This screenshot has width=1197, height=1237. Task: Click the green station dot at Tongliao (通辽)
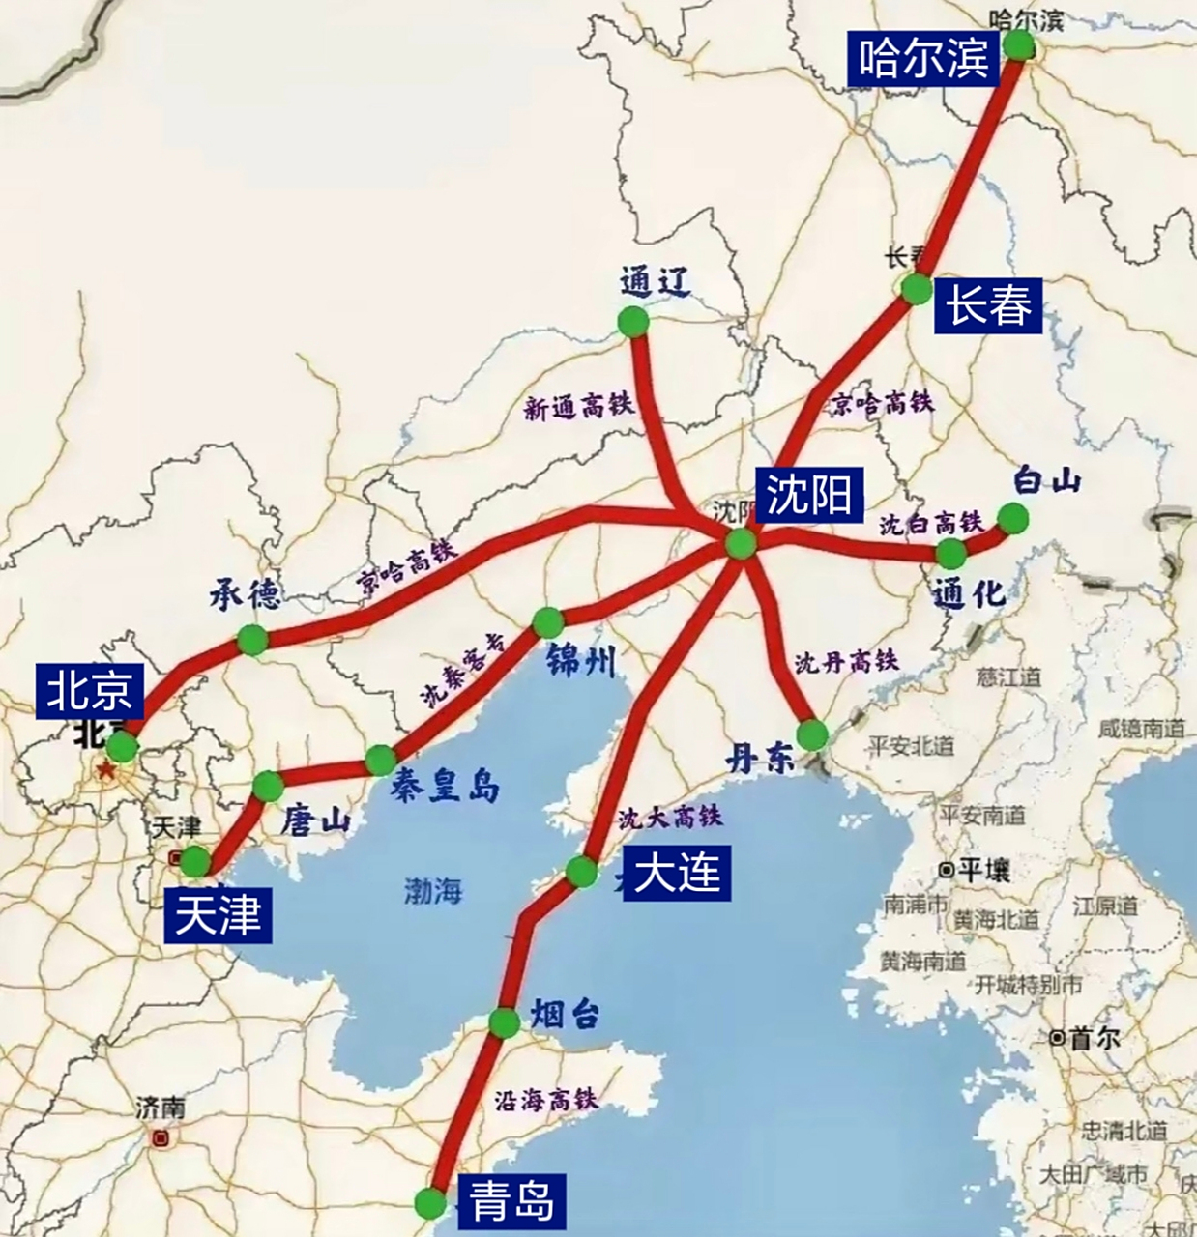pos(633,322)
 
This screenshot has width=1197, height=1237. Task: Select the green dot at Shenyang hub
pos(741,543)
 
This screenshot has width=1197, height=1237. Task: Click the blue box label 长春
pos(988,306)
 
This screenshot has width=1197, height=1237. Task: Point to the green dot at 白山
pos(1012,519)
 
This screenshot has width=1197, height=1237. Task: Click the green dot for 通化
pos(951,554)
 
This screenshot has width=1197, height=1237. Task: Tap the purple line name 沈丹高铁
pos(846,661)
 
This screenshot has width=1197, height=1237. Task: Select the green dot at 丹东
pos(812,734)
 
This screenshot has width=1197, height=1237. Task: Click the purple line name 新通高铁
pos(578,407)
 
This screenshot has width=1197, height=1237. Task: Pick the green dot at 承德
pos(251,639)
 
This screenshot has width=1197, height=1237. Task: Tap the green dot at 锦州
pos(547,621)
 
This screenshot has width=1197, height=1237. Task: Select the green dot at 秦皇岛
pos(380,761)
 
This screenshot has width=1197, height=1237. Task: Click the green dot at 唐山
pos(267,786)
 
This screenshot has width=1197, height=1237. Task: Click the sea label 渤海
pos(433,890)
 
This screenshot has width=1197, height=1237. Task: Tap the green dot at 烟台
pos(504,1021)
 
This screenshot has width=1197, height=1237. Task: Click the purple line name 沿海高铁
pos(546,1100)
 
